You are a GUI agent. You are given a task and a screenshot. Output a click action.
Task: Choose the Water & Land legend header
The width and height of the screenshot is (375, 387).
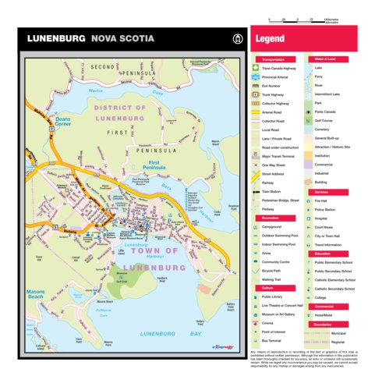[325, 59]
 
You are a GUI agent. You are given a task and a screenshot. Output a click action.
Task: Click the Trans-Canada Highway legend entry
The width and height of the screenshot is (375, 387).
[280, 69]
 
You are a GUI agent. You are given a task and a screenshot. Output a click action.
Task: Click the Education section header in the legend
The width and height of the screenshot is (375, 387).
[323, 254]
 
